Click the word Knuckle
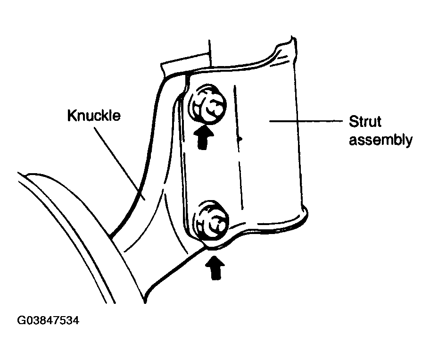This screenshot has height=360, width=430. click(94, 116)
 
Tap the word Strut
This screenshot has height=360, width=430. click(365, 122)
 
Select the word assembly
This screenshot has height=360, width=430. click(380, 140)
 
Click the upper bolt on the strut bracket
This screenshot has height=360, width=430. click(207, 105)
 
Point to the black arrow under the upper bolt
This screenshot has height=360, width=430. click(203, 136)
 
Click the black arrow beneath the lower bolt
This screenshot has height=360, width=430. click(215, 268)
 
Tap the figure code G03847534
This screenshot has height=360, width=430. click(48, 320)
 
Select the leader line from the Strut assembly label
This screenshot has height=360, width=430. click(306, 121)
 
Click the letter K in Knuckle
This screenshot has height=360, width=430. click(72, 116)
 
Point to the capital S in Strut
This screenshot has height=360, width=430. click(353, 122)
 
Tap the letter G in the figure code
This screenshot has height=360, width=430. click(21, 320)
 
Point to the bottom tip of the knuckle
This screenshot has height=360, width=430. click(145, 302)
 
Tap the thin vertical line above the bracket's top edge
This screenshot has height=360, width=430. click(210, 53)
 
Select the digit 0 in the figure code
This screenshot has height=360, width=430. click(28, 320)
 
